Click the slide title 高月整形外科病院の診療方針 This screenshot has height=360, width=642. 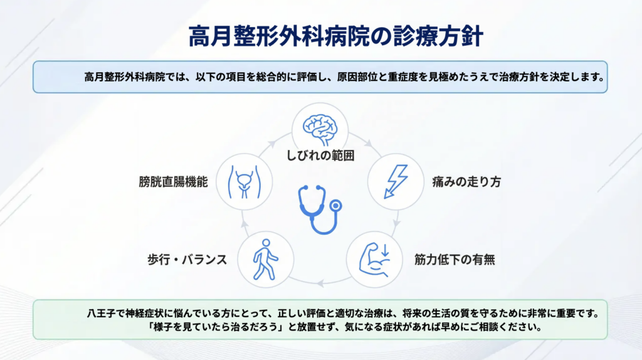coord(336,36)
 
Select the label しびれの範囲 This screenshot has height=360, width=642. coord(320,156)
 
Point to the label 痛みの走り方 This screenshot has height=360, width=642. coord(466,182)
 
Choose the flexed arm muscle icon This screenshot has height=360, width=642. coord(374,260)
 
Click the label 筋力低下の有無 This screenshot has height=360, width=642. coord(455,260)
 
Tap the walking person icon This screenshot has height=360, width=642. coord(265,260)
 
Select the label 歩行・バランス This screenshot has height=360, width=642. coord(187,260)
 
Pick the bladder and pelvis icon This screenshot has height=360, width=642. coord(245,182)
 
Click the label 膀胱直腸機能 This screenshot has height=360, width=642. coord(173,182)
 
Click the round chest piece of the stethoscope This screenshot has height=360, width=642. coord(336,205)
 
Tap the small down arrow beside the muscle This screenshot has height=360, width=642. coord(384,250)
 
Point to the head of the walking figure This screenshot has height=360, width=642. coord(266,243)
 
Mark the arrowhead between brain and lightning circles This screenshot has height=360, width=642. coord(369,144)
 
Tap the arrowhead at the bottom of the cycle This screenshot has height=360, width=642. coord(320,283)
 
